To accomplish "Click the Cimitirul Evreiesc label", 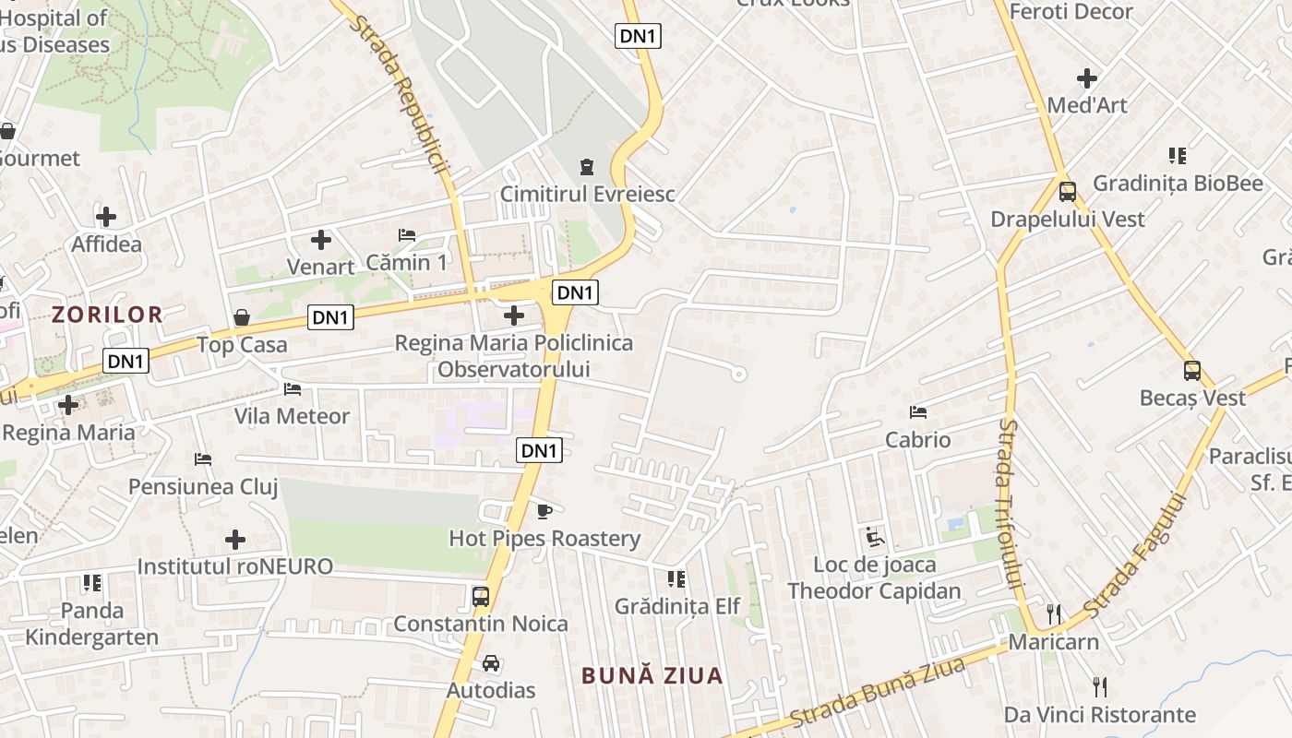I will tap(587, 195).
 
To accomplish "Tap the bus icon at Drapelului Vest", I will tap(1068, 192).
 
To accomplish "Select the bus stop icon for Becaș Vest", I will tap(1192, 371).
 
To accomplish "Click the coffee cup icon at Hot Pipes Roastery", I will tap(544, 511).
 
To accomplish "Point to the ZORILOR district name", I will tap(107, 315).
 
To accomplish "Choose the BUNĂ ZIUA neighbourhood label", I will tap(652, 675).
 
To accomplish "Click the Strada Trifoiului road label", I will tap(1011, 504).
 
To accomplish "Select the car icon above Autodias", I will tap(491, 663).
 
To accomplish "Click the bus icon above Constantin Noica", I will tap(481, 597).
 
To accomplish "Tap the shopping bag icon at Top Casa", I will tap(242, 317).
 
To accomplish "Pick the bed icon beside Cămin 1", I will tap(406, 235).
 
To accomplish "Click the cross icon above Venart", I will tap(321, 240).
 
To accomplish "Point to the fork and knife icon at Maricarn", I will tap(1054, 613).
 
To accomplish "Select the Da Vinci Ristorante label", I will tap(1100, 714).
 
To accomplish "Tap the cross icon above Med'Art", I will tap(1087, 77).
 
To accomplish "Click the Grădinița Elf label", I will tap(677, 606).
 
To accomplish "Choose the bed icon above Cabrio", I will tap(917, 411).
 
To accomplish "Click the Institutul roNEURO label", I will tap(235, 566).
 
